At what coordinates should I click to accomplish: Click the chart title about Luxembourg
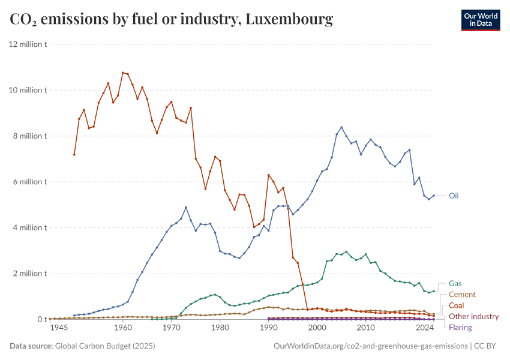pos(172,20)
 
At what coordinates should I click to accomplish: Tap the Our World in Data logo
pos(480,20)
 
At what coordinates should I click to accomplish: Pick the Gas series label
pos(455,283)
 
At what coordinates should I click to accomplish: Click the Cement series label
pos(462,295)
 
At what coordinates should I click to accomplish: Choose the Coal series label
pos(456,305)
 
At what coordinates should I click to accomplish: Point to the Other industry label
pos(473,316)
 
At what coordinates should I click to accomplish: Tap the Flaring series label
pos(460,327)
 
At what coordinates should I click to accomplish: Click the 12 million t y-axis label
pos(28,44)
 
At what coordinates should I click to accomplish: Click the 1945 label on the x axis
pos(59,328)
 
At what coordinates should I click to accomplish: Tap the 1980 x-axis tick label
pos(220,328)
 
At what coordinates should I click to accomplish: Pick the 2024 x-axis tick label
pos(425,328)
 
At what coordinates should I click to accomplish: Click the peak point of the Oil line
pos(341,127)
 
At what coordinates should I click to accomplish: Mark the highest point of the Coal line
pos(122,73)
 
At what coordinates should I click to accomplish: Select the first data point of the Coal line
pos(74,154)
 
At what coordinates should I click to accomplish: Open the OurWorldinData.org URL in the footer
pos(370,346)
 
